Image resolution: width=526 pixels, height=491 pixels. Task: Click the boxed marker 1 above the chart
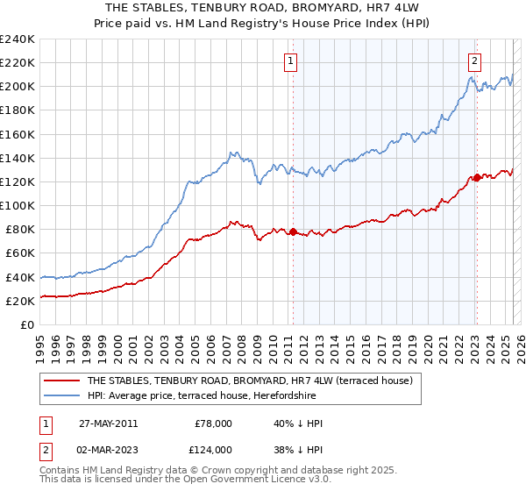coord(290,60)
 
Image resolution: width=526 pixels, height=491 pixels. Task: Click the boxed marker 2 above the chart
coord(474,60)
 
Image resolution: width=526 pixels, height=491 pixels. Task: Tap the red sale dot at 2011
coord(294,232)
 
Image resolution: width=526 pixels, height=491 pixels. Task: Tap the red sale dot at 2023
coord(477,177)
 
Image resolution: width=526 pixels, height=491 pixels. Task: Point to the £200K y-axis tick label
coord(18,87)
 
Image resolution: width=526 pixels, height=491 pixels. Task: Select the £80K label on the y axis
coord(20,229)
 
